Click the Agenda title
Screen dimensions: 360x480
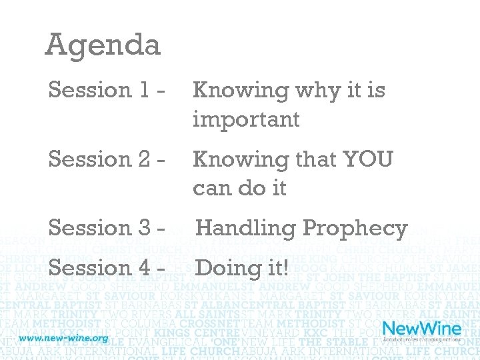(103, 45)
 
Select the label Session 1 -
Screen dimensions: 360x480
(107, 89)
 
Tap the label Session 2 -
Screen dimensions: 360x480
(107, 159)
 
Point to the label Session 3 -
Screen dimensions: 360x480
(107, 228)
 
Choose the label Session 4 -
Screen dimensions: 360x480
(107, 268)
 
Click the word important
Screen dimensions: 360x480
(246, 119)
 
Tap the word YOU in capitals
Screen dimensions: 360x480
(367, 159)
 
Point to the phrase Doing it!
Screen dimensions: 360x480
(242, 268)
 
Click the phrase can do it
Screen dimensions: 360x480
(239, 188)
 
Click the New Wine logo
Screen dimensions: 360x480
(421, 329)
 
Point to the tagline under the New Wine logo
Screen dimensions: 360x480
(421, 341)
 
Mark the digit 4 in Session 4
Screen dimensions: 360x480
(147, 268)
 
